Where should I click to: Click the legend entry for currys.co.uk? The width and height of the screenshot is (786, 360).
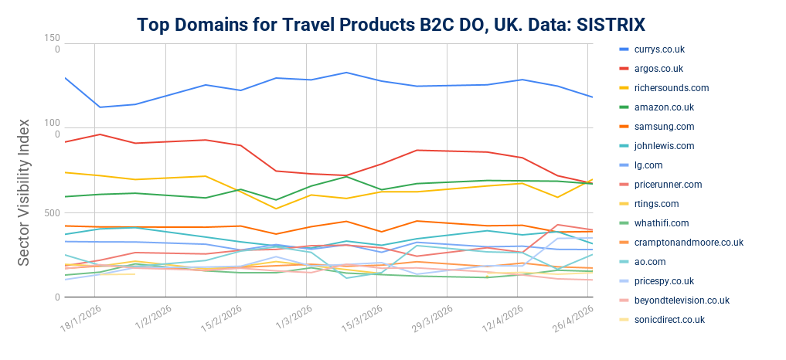tap(659, 49)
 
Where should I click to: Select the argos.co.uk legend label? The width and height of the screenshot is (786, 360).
tap(659, 69)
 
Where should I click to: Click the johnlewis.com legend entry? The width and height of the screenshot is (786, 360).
tap(664, 146)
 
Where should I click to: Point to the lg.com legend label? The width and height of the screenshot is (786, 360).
tap(650, 165)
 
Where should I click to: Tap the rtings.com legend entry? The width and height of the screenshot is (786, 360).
tap(656, 204)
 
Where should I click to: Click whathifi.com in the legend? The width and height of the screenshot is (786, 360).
tap(661, 223)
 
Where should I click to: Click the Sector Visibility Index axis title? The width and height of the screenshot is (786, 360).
tap(24, 192)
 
